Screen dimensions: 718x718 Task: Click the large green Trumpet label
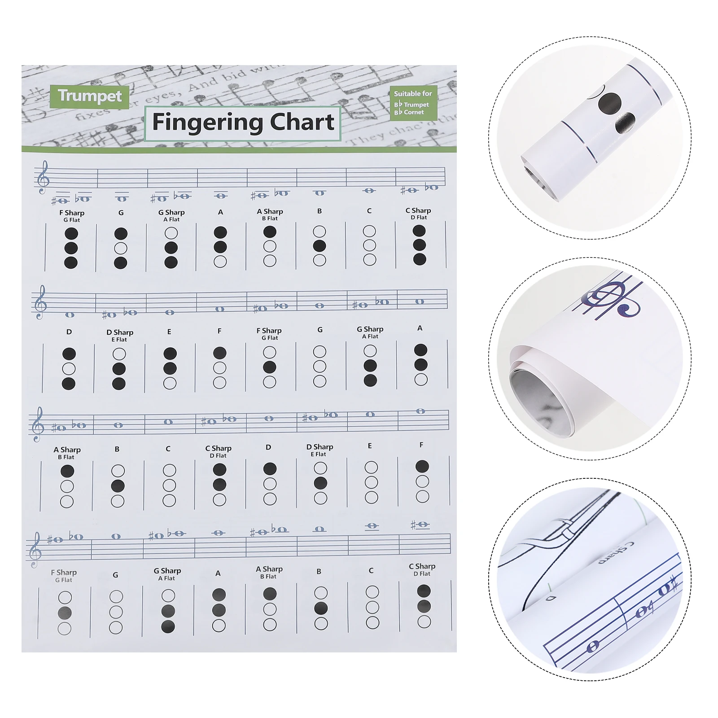90,96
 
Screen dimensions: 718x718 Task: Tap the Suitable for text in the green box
413,93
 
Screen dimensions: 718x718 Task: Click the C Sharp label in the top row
418,210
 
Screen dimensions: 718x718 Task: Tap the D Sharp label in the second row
120,333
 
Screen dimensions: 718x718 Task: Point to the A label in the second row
420,328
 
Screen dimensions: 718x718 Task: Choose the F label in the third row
421,445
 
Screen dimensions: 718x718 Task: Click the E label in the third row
370,446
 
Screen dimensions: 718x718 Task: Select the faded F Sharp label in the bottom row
64,573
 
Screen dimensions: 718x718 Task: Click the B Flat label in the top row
270,219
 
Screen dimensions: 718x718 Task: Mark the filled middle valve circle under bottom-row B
321,609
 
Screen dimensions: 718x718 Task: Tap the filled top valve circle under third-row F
422,467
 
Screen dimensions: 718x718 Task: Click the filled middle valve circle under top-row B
320,246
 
